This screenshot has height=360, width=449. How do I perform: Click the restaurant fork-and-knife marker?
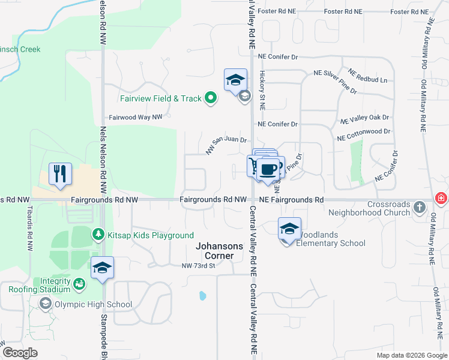(x=60, y=174)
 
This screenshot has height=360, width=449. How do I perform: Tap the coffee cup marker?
(x=270, y=169)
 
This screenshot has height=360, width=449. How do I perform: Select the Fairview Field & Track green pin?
(x=210, y=98)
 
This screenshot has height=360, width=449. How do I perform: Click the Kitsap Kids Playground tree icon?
(x=95, y=235)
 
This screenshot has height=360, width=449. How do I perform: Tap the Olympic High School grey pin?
(x=45, y=304)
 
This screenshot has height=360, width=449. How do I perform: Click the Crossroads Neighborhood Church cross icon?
(x=420, y=208)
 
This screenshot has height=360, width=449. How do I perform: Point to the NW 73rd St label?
(x=198, y=266)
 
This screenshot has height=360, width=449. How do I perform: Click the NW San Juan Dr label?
(x=226, y=145)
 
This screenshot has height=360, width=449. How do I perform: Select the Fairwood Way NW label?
(x=136, y=118)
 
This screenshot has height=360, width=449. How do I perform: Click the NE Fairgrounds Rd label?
(x=291, y=199)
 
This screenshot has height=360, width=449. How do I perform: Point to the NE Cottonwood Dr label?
(x=364, y=134)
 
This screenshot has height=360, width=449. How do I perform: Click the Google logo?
(x=20, y=353)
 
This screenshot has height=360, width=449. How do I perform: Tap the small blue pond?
(x=202, y=295)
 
